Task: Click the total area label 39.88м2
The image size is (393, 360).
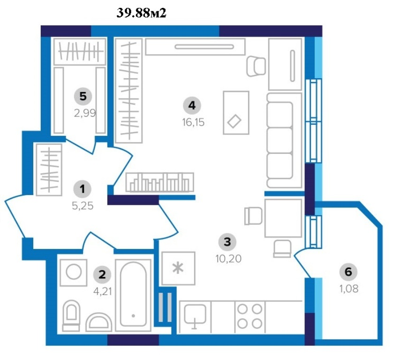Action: pyautogui.click(x=141, y=13)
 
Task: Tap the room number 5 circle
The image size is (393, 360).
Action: pyautogui.click(x=83, y=96)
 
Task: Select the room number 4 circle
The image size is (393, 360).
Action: pyautogui.click(x=192, y=105)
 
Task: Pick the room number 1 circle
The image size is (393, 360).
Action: pyautogui.click(x=83, y=189)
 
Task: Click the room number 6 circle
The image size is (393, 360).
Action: pyautogui.click(x=348, y=272)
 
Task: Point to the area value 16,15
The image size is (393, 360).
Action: pyautogui.click(x=193, y=122)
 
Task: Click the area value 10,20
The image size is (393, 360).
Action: pyautogui.click(x=228, y=259)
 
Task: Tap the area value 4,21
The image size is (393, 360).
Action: pyautogui.click(x=103, y=292)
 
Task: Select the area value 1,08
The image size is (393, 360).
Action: pyautogui.click(x=349, y=289)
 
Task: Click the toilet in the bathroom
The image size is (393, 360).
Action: pyautogui.click(x=71, y=315)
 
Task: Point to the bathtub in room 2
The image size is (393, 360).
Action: pyautogui.click(x=133, y=295)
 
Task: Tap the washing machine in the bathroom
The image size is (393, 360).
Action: pyautogui.click(x=74, y=273)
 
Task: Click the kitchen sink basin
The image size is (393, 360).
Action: pyautogui.click(x=195, y=315)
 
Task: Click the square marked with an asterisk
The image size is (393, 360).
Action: pyautogui.click(x=178, y=268)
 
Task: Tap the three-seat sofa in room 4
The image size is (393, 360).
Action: pyautogui.click(x=284, y=140)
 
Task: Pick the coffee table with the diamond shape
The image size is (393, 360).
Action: pyautogui.click(x=236, y=113)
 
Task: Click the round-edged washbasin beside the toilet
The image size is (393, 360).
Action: pyautogui.click(x=99, y=322)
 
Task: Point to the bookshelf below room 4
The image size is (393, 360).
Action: pyautogui.click(x=159, y=182)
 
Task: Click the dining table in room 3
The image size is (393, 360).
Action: pyautogui.click(x=283, y=218)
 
